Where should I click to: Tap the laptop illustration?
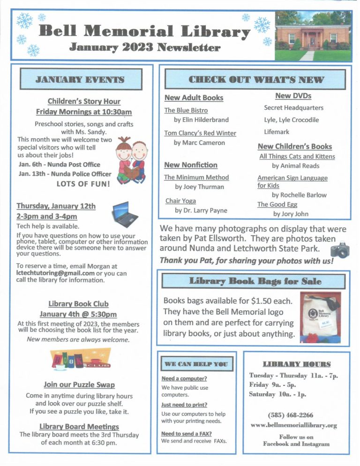pyautogui.click(x=126, y=215)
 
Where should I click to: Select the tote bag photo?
pyautogui.click(x=320, y=317)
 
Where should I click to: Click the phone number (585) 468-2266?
pyautogui.click(x=290, y=415)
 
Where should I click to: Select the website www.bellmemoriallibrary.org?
pyautogui.click(x=293, y=425)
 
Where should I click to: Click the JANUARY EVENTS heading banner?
pyautogui.click(x=81, y=79)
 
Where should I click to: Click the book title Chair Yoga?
pyautogui.click(x=180, y=201)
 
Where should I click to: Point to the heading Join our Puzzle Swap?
pyautogui.click(x=79, y=384)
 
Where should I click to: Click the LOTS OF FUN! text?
pyautogui.click(x=83, y=184)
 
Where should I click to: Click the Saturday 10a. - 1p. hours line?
pyautogui.click(x=277, y=394)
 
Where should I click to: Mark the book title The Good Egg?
pyautogui.click(x=277, y=204)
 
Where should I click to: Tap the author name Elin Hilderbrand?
pyautogui.click(x=204, y=120)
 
